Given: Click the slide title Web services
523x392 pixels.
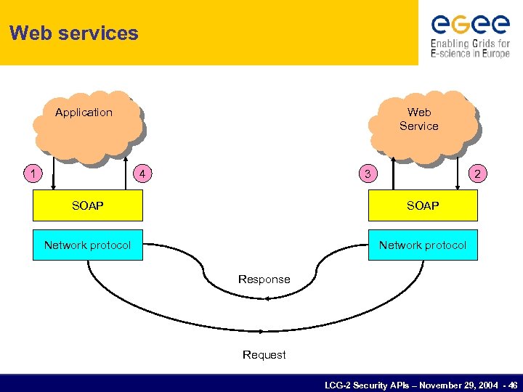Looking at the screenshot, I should (x=74, y=33).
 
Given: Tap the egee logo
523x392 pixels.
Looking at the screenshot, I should (x=470, y=25).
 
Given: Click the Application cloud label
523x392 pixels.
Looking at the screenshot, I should (x=84, y=113).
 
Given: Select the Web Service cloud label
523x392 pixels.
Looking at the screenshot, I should (x=419, y=119).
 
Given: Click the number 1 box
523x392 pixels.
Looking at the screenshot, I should (x=31, y=173).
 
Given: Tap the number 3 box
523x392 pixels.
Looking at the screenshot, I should (x=368, y=173).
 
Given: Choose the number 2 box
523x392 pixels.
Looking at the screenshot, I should (x=477, y=173).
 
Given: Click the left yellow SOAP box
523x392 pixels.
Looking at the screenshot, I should (x=88, y=206).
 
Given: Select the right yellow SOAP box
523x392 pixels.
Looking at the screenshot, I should (x=423, y=206).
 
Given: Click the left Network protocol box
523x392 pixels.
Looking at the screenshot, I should (x=88, y=245).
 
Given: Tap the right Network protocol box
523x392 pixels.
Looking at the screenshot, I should (x=423, y=245).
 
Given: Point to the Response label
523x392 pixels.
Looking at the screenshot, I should (x=264, y=279).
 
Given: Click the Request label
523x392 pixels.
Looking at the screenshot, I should (x=264, y=355).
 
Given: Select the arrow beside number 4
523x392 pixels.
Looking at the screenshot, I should (x=123, y=172).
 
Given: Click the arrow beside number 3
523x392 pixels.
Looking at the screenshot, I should (x=393, y=172).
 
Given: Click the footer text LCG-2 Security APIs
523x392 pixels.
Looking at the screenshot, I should (x=421, y=383).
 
